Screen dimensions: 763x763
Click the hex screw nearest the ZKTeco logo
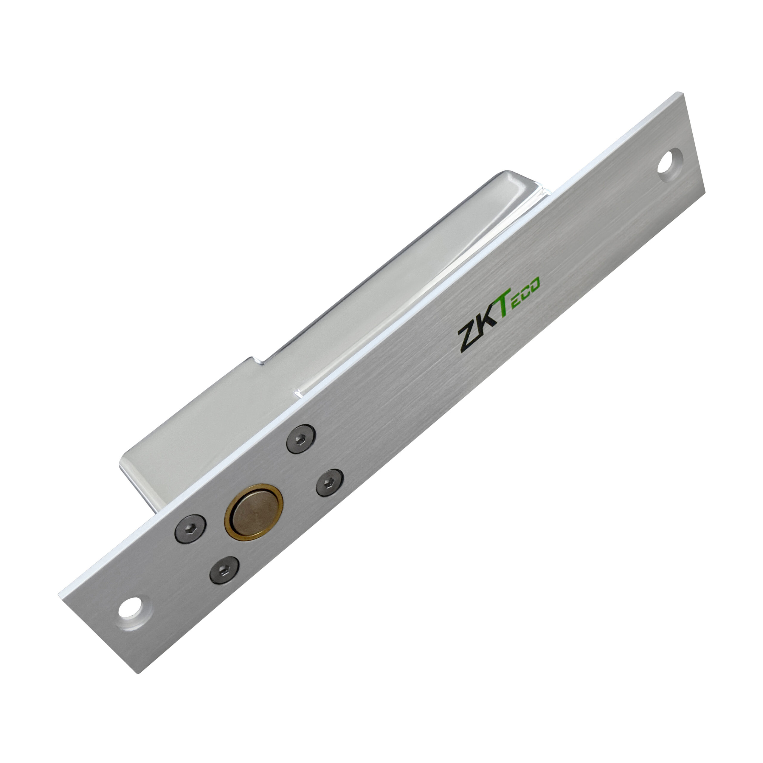point(301,440)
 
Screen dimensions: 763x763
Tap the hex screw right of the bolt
point(329,483)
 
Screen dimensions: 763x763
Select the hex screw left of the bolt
point(191,529)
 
